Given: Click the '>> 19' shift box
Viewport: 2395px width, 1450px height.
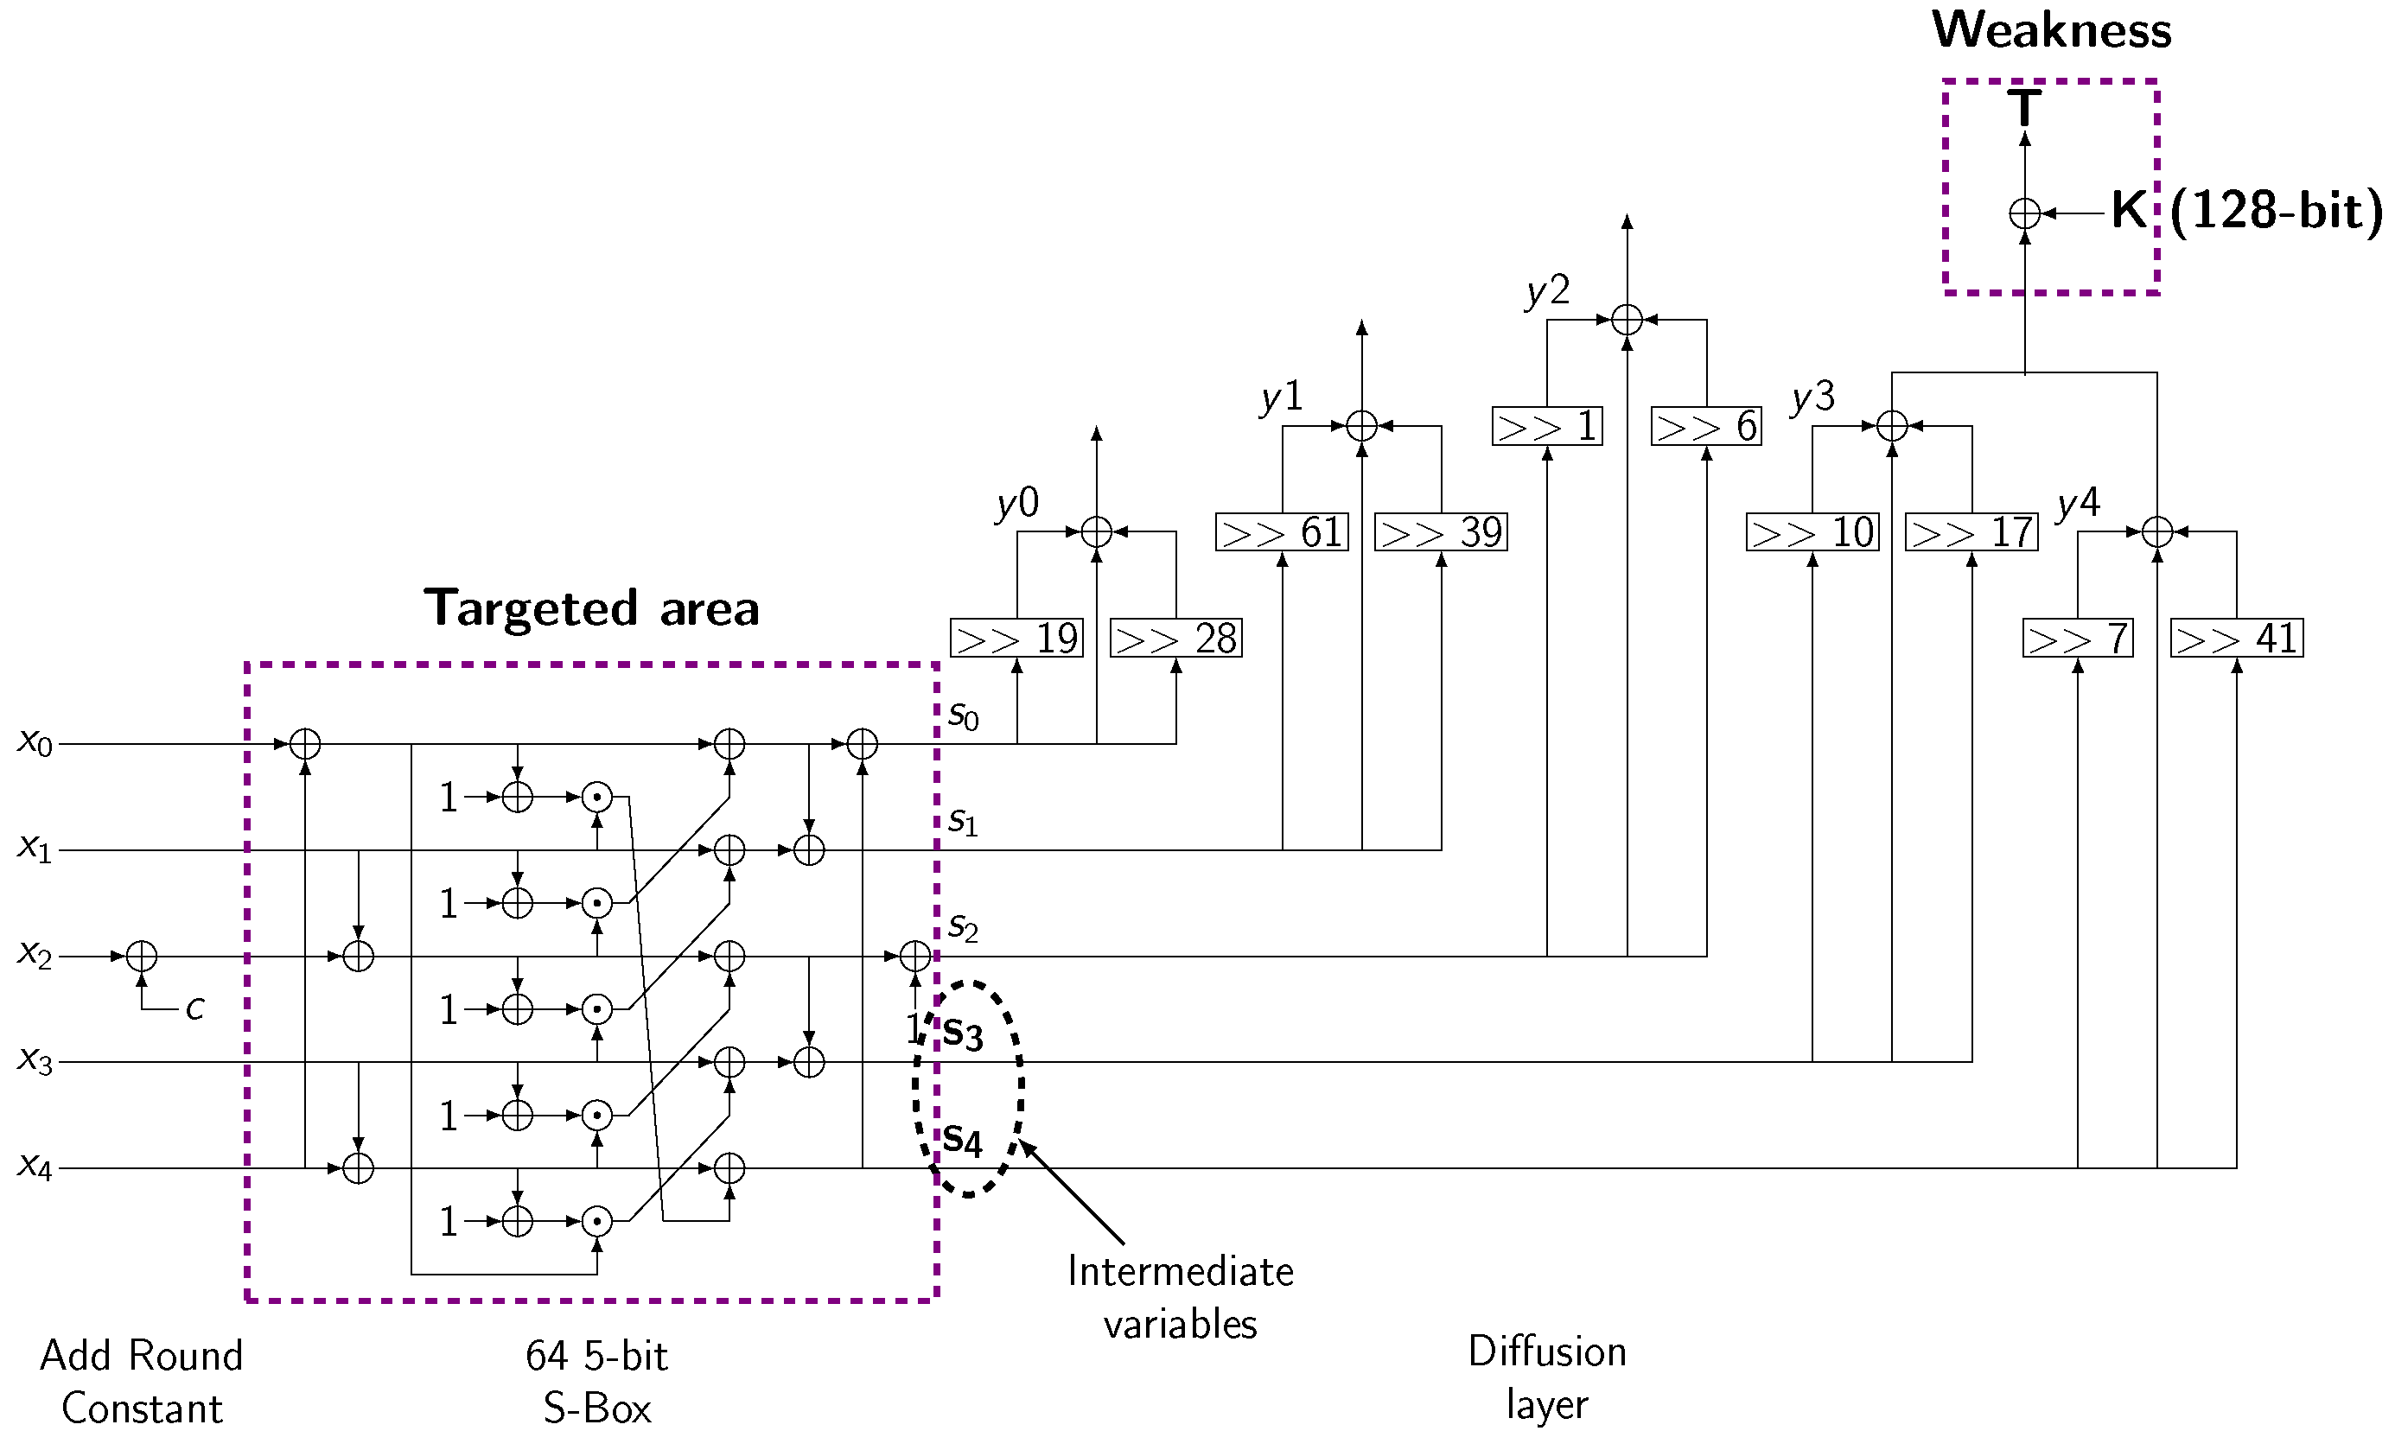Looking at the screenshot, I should [1016, 639].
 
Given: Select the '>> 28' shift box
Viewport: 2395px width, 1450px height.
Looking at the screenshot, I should [1176, 639].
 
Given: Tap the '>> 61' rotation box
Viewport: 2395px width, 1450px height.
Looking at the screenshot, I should [1282, 532].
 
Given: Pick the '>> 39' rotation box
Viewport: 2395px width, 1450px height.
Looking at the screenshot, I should [1441, 532].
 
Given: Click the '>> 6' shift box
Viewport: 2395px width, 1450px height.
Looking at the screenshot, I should [1706, 427].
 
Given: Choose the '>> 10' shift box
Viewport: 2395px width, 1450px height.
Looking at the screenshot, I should [1812, 532].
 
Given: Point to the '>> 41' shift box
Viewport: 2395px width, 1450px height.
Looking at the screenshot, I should [2237, 639].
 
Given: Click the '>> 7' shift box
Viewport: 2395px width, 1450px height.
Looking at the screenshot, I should [2077, 639].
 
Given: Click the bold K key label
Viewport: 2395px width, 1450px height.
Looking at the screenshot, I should [2129, 210].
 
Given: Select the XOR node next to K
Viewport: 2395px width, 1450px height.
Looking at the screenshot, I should [2025, 213].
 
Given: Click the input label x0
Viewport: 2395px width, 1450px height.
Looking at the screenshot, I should [35, 742].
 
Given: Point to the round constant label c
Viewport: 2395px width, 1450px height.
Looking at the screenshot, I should [195, 1008].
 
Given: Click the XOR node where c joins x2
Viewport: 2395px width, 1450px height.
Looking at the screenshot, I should [142, 957].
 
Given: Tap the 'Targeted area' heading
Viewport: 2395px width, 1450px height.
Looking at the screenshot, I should [591, 609].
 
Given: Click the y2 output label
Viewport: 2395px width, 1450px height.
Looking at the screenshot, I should [1547, 289].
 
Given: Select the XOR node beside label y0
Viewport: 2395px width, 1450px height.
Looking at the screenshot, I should [1097, 531].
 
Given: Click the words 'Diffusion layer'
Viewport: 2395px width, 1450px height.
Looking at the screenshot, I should [1546, 1377].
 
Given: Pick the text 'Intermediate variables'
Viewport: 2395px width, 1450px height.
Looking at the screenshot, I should [1180, 1297].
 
